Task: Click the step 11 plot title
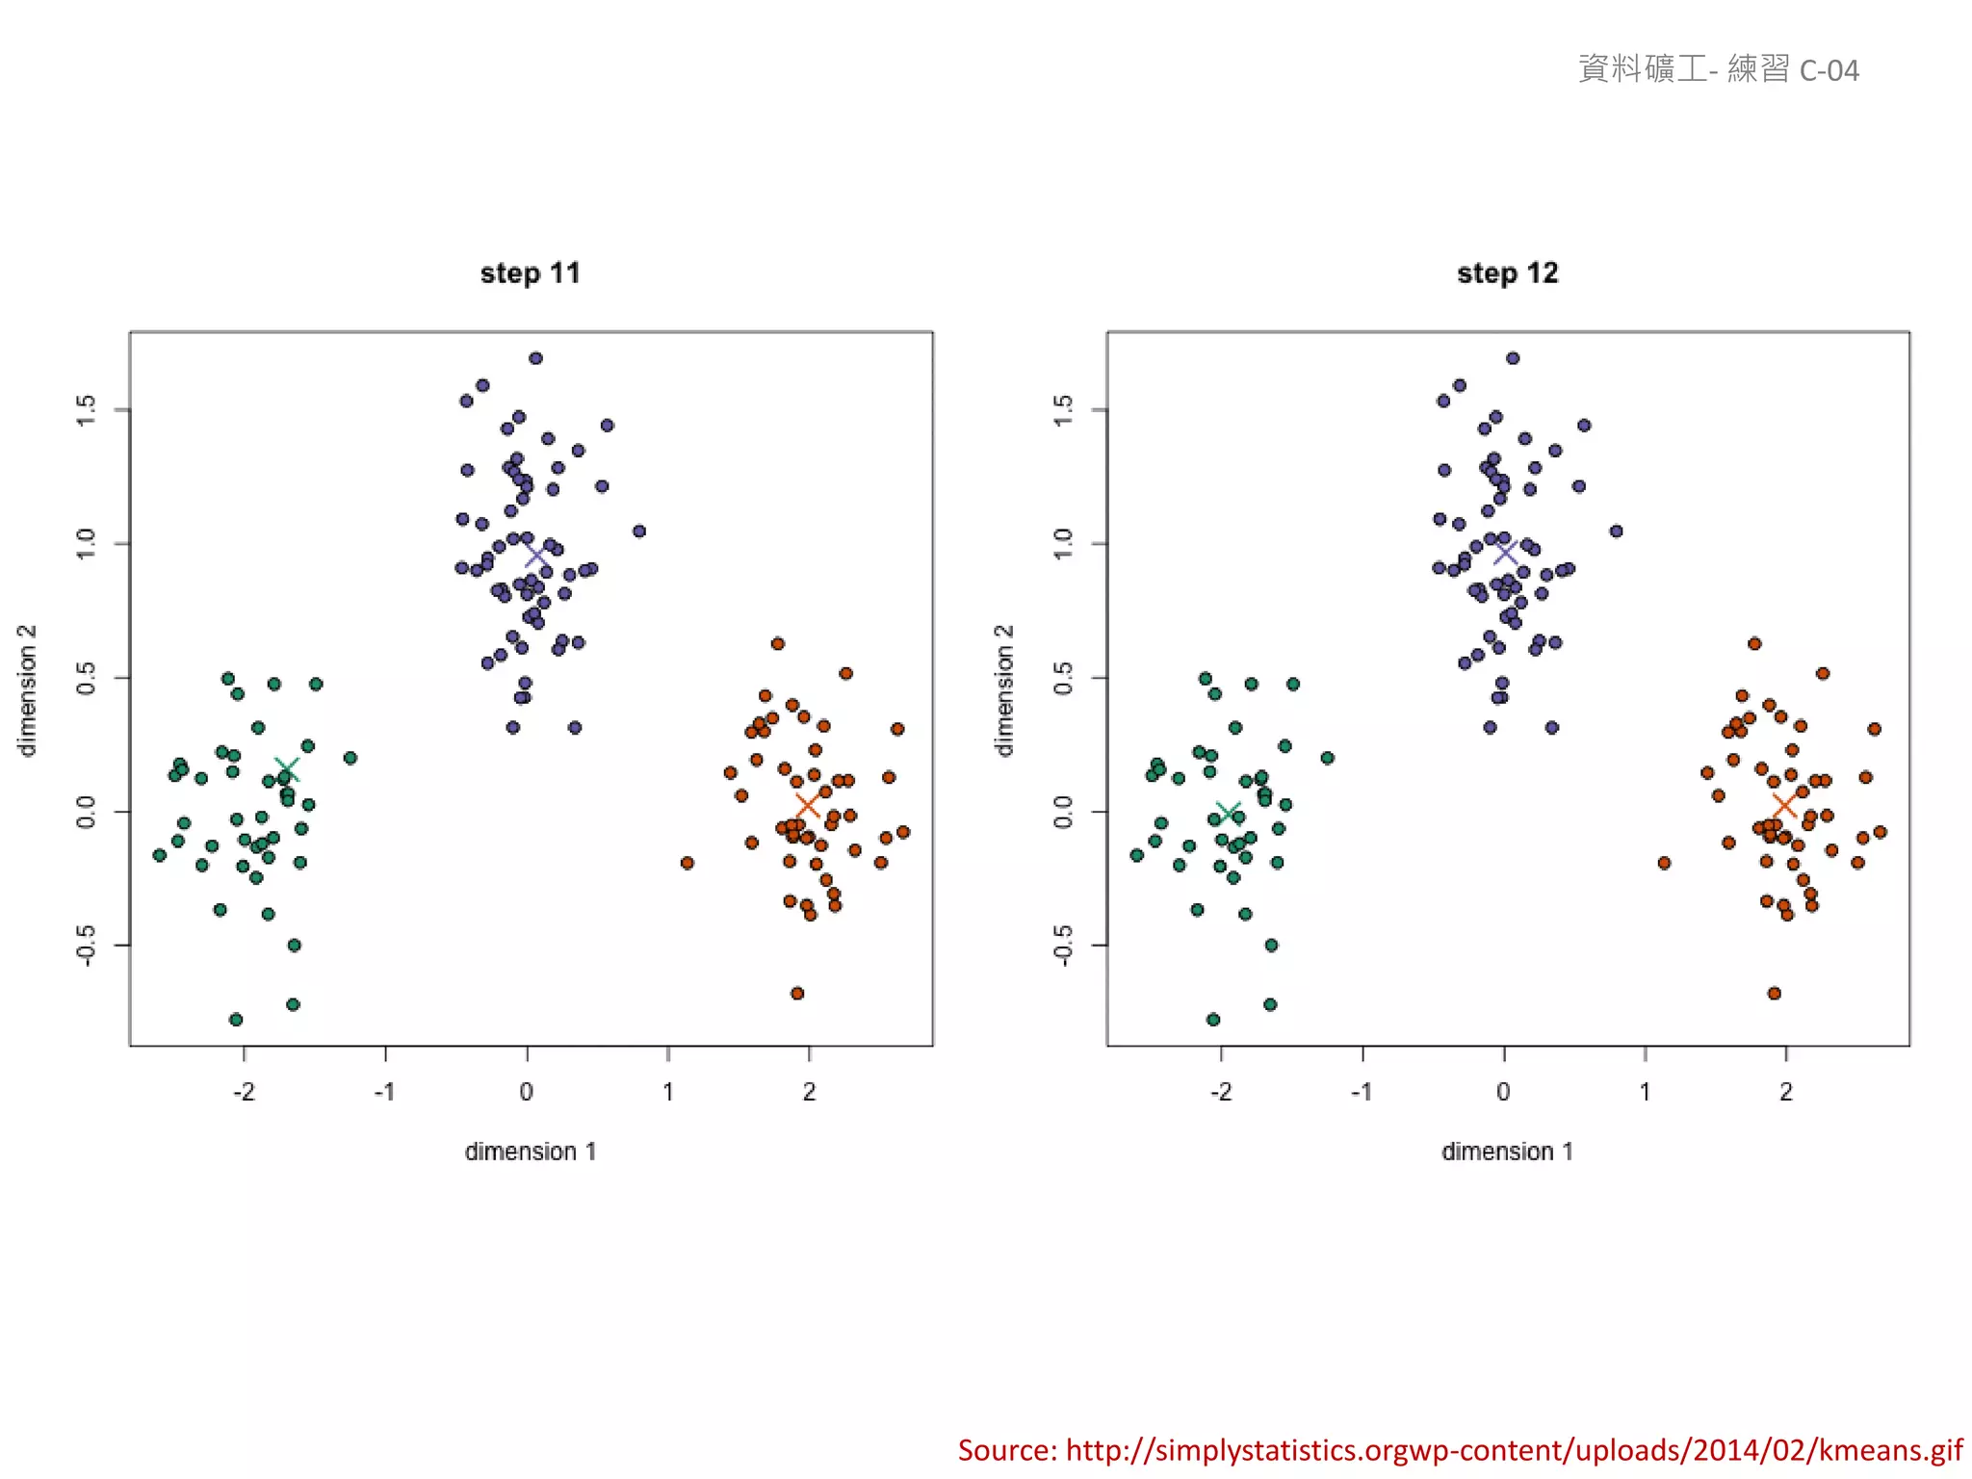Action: click(x=530, y=273)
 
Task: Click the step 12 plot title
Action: click(x=1507, y=273)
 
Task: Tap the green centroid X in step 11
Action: click(x=286, y=770)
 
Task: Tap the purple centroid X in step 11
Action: click(x=536, y=557)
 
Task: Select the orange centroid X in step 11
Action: click(x=807, y=804)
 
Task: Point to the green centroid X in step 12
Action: click(x=1228, y=815)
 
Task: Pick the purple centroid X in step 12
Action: click(x=1506, y=553)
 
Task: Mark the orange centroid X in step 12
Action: click(x=1784, y=804)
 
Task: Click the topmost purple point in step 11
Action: click(x=535, y=358)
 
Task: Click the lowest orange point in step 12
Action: click(x=1774, y=993)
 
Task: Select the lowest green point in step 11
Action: click(x=236, y=1019)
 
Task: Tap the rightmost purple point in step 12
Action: click(x=1617, y=531)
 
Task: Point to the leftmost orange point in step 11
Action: click(x=687, y=863)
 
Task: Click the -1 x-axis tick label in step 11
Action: click(x=385, y=1092)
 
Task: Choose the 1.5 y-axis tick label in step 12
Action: click(x=1063, y=410)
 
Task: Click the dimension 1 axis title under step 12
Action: click(x=1507, y=1152)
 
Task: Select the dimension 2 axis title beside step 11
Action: click(x=27, y=689)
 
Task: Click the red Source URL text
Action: click(x=1460, y=1450)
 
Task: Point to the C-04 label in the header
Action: click(x=1829, y=70)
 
